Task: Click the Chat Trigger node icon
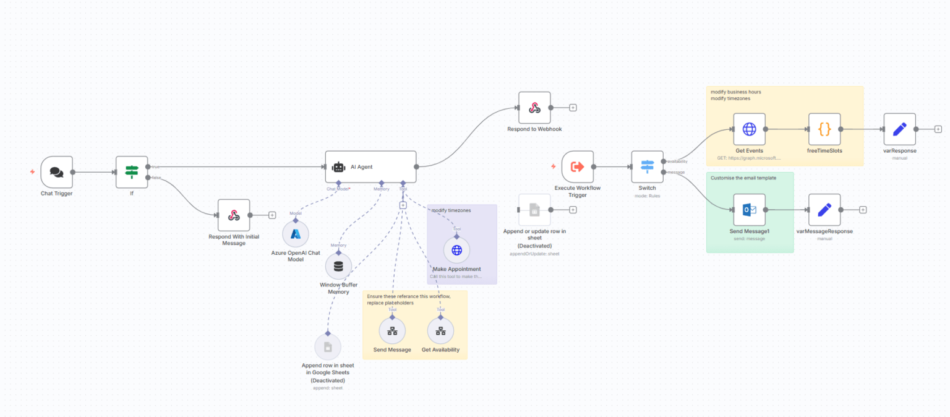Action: (57, 172)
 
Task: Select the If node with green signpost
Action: (132, 172)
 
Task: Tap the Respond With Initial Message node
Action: (234, 215)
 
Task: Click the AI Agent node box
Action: (370, 166)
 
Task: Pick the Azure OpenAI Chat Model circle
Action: (296, 234)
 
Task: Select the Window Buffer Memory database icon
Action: (338, 266)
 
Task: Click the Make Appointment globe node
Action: (456, 250)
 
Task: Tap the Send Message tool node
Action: (392, 331)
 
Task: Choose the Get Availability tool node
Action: (440, 331)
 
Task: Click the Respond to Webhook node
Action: (534, 108)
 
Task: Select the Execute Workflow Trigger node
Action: (578, 166)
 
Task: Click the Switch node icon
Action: (647, 166)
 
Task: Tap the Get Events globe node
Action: (749, 129)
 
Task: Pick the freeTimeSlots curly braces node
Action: (824, 129)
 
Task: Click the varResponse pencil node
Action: (900, 129)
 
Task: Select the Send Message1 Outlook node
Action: (749, 210)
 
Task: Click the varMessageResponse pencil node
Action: (824, 210)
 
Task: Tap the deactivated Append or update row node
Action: (534, 210)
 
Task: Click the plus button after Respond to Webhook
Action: (573, 108)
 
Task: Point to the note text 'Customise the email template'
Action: (743, 178)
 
